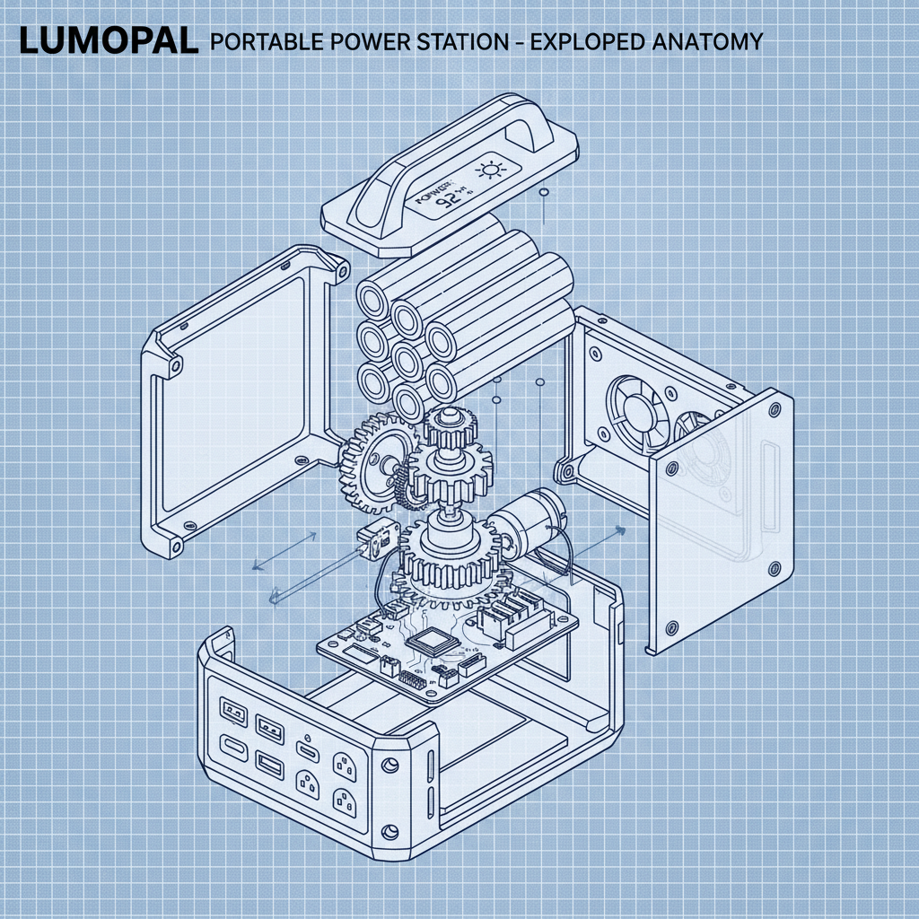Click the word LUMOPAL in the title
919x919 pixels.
pos(108,40)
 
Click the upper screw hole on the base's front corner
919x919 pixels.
pos(389,766)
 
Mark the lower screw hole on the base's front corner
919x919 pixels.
pos(389,830)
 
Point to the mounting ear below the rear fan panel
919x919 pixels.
pos(565,469)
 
